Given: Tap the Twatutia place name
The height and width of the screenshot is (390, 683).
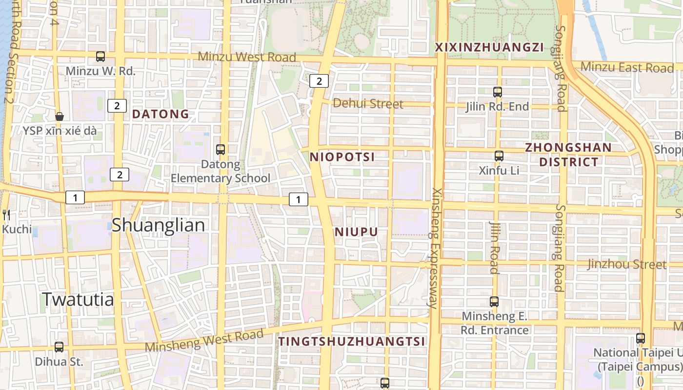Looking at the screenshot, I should pos(78,299).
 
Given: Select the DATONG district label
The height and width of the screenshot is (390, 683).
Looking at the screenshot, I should pos(161,114).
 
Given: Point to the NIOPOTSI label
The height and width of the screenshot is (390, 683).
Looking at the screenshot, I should pos(342,157).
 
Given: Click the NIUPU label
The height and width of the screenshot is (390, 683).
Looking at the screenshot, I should pos(356,232).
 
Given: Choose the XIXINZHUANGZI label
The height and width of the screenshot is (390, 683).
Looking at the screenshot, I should pos(489,47).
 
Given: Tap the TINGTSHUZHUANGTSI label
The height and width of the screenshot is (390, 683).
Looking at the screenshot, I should pos(352,342).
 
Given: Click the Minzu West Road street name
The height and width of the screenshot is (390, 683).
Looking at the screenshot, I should pos(246,57).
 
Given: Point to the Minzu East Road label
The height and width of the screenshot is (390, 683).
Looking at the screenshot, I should pos(627,67).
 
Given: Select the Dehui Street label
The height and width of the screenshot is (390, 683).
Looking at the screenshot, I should pos(368,104).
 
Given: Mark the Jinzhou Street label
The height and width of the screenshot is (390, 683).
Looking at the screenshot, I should pos(626,265).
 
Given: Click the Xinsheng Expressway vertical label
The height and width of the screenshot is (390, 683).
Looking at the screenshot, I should pos(434,248).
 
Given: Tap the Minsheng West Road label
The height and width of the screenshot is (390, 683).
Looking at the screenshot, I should pos(204,340).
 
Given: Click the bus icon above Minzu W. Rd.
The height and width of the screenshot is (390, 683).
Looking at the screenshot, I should pos(100,57).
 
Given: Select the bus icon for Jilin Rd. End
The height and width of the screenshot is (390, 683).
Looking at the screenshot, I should pos(498,92).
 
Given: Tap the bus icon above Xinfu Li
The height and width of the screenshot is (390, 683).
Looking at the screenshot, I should pos(499,156).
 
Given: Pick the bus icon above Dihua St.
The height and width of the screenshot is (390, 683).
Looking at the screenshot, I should pos(59,347).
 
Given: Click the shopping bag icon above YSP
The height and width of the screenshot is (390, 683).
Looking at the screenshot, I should pos(60,117).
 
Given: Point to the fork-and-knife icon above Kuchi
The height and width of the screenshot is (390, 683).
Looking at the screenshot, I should pos(6,214).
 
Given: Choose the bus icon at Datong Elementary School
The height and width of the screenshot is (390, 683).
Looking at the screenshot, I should pos(221,150).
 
